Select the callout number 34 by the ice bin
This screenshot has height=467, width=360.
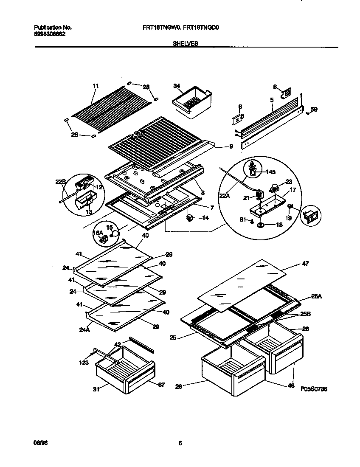tap(176, 86)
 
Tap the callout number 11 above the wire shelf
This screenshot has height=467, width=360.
tap(96, 86)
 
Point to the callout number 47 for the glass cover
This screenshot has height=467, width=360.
tap(305, 264)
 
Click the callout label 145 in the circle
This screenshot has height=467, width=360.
tap(271, 172)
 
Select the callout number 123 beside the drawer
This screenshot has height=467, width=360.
tap(84, 363)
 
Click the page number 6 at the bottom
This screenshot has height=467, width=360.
tap(180, 443)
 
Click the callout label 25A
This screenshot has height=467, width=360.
tap(317, 296)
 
